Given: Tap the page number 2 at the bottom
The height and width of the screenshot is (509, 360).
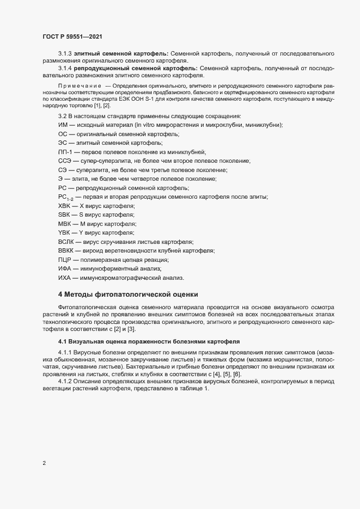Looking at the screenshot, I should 44,464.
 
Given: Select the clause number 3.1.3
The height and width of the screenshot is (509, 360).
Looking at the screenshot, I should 65,53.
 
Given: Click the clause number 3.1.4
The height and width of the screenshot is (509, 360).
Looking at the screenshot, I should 65,68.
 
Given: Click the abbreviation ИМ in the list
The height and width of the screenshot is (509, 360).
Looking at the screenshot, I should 63,125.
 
